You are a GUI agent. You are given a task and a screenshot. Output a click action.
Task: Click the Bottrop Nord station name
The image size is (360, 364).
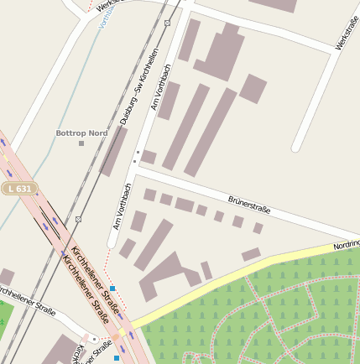coord(81,133)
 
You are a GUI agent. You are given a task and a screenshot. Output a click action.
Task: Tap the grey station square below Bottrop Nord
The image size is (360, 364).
coord(81,143)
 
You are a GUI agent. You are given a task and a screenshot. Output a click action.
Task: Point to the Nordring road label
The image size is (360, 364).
coord(346,246)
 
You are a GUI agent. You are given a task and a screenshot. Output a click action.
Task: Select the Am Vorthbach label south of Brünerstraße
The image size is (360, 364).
coord(122,206)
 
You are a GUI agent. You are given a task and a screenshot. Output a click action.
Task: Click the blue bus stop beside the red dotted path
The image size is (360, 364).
coord(112,289)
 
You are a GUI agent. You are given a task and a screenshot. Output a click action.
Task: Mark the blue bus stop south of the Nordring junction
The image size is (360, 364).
coord(116,357)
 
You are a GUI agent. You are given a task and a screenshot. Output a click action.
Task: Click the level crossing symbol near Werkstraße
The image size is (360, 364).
coord(167,23)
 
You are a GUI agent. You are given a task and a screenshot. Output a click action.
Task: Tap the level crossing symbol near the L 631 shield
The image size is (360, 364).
coord(78,219)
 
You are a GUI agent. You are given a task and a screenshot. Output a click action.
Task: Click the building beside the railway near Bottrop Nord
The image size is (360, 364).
coord(113,151)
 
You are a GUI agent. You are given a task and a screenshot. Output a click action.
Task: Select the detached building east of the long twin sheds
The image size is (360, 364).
coord(253,88)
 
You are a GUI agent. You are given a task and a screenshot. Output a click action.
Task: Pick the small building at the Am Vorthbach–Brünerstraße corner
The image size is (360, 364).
coord(149,157)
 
